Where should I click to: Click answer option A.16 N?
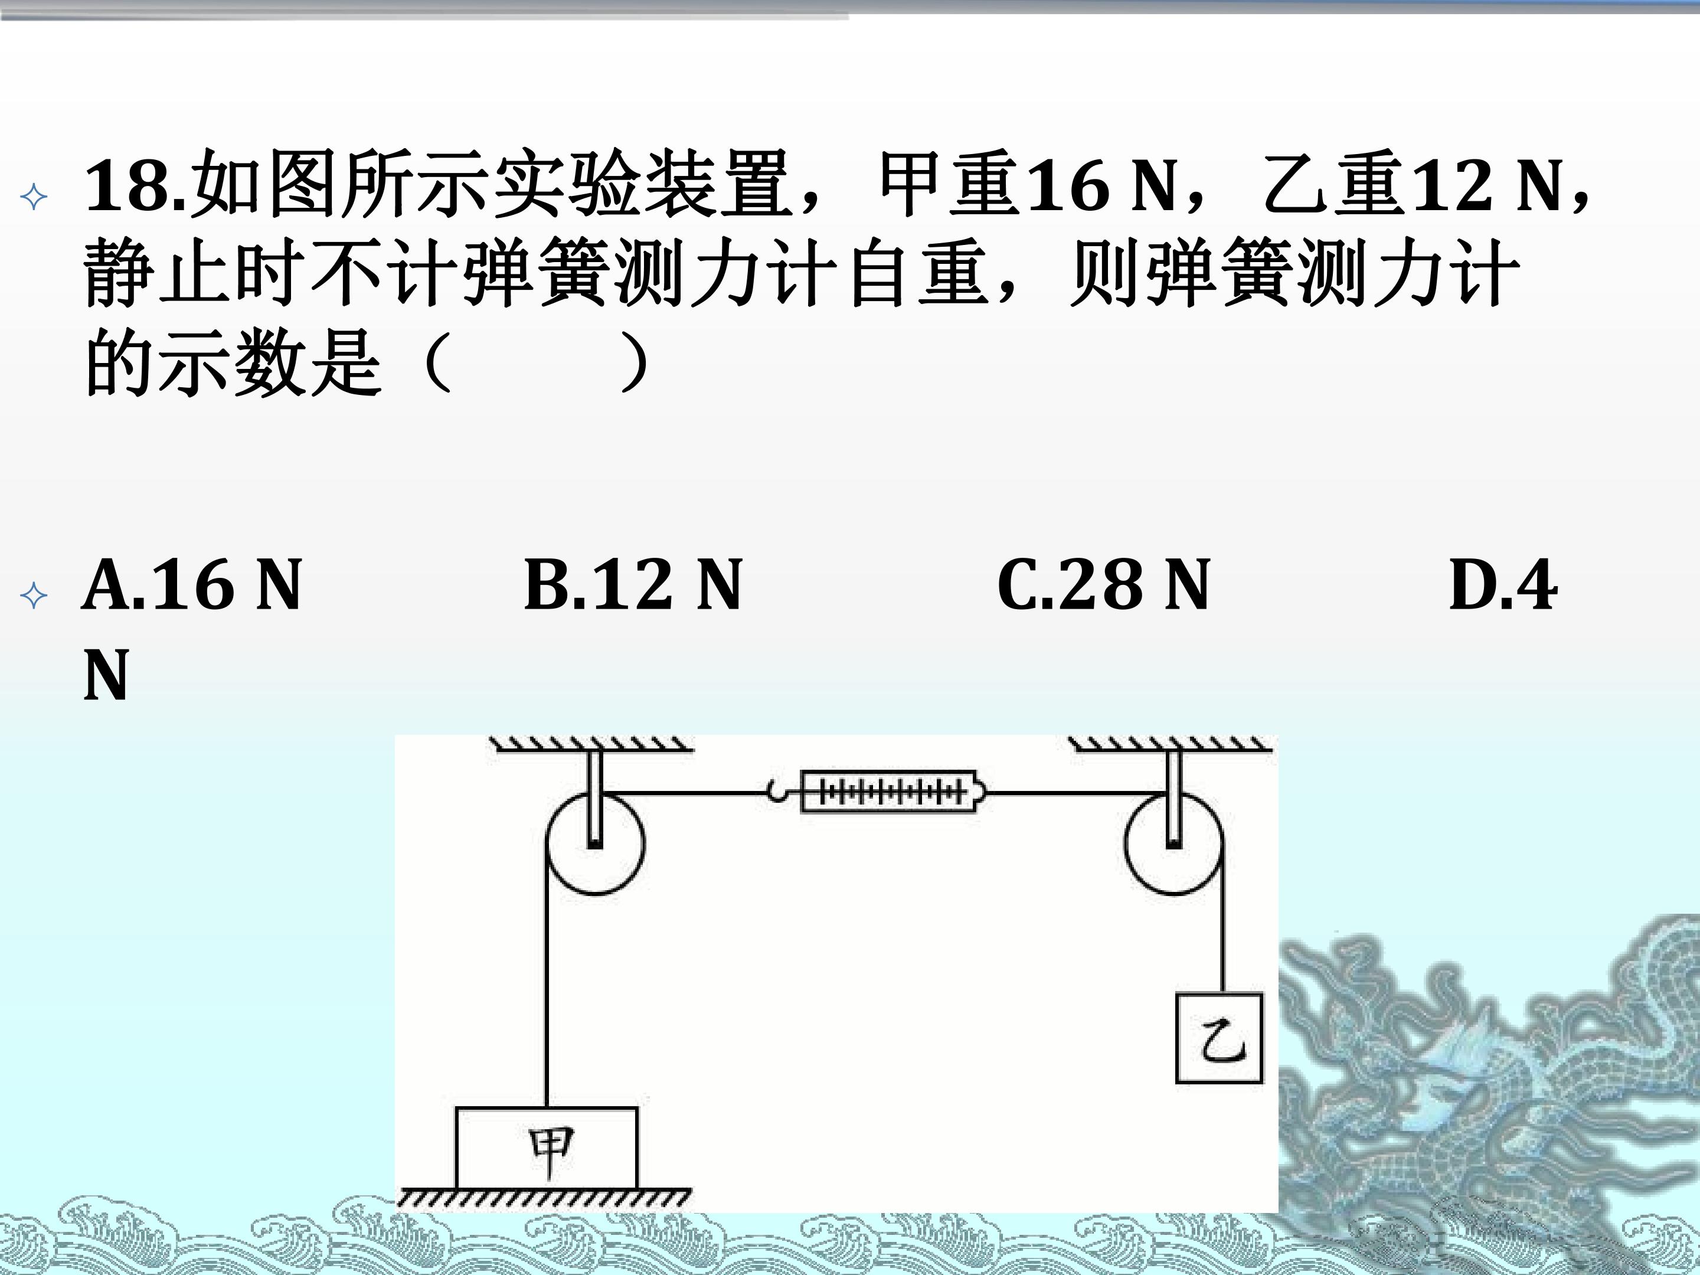[192, 586]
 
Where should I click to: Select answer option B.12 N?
[633, 586]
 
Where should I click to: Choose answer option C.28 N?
[1104, 586]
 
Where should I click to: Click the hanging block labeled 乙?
[1220, 1038]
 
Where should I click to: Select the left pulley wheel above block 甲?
[596, 842]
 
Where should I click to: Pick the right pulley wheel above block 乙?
[1173, 842]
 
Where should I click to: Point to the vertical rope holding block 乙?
[1222, 918]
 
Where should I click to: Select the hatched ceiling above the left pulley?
[592, 744]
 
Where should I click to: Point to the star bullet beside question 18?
[34, 198]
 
